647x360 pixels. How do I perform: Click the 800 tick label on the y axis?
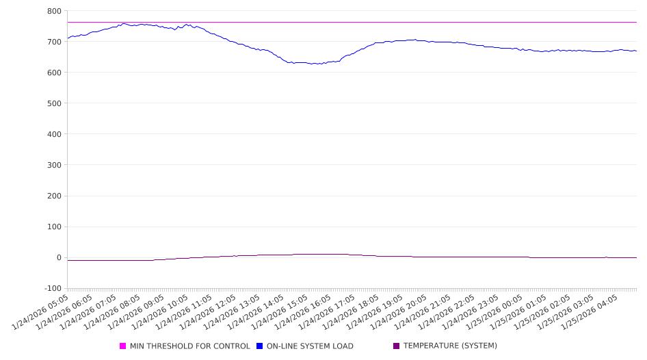point(54,11)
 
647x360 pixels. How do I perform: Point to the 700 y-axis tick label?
point(54,42)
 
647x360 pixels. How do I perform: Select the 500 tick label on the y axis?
point(54,103)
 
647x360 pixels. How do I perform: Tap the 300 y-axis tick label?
point(54,165)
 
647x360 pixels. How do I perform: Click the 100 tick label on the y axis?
point(54,227)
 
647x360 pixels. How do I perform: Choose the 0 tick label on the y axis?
point(59,258)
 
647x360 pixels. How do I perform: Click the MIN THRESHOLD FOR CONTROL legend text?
point(189,346)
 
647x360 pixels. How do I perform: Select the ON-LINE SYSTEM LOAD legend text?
point(309,346)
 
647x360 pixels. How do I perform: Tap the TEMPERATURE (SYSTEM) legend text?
point(449,346)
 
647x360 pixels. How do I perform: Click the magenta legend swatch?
point(123,346)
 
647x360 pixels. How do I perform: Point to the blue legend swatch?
point(259,346)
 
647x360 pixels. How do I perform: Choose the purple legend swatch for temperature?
point(397,346)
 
